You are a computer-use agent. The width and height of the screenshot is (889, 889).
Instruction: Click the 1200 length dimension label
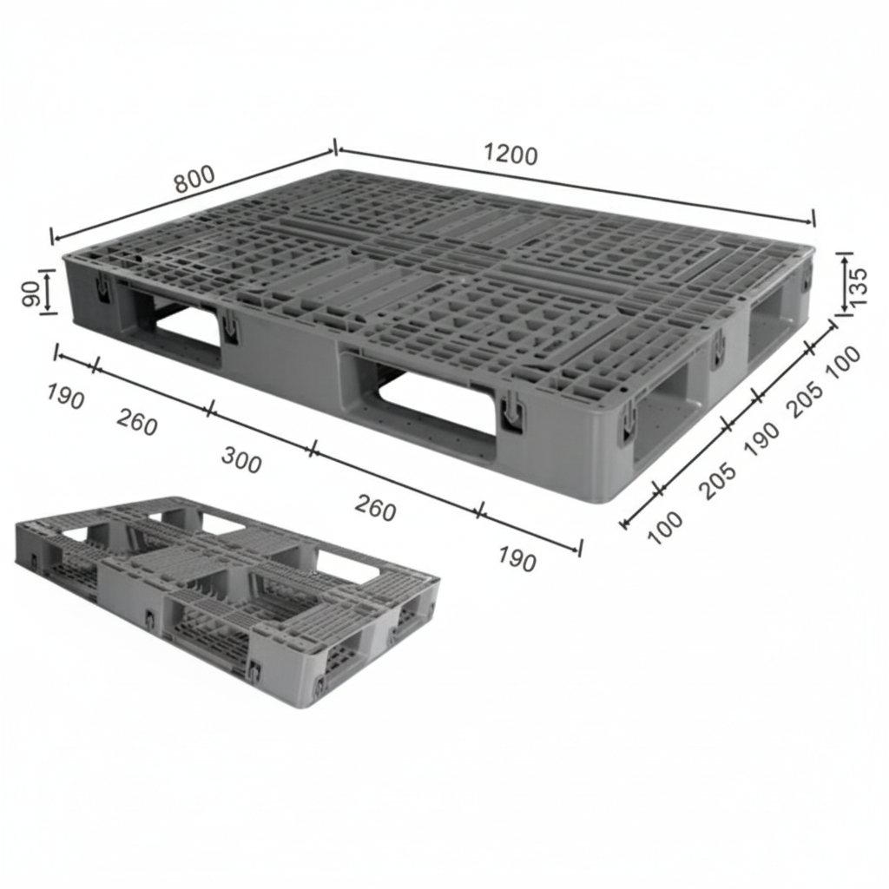coord(510,155)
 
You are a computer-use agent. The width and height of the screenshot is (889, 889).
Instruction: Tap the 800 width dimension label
coord(194,179)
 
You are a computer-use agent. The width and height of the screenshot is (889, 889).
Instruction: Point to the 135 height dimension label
coord(856,284)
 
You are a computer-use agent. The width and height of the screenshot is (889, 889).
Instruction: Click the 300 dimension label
coord(240,461)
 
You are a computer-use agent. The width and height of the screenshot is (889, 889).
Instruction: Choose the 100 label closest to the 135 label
coord(843,361)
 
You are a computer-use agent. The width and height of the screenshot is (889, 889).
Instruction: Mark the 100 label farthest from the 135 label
coord(665,527)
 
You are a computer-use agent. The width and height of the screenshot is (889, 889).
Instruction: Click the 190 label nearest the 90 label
coord(65,398)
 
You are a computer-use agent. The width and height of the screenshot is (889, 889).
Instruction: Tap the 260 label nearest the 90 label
coord(137,424)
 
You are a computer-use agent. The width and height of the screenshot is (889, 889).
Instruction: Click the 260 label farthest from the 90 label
coord(375,509)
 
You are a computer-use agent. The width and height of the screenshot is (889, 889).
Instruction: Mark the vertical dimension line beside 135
coord(845,284)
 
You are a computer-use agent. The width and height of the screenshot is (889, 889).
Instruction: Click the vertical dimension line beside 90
coord(48,292)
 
